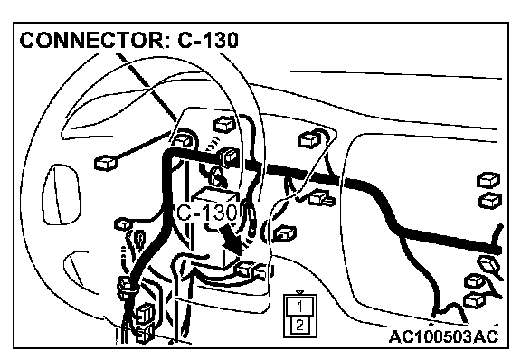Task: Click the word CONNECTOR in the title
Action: pos(90,40)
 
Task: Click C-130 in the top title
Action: pos(208,40)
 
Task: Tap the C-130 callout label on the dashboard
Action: pos(207,213)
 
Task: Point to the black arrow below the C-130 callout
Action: pos(231,240)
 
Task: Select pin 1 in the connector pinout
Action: pos(300,306)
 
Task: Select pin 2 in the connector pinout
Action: pos(300,325)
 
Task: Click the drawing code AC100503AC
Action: pos(444,336)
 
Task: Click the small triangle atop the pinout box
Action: pos(300,292)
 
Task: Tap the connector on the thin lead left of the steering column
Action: pos(107,163)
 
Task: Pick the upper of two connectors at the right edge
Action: pos(488,181)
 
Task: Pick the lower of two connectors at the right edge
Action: pos(490,201)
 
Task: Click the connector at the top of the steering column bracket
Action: pos(223,125)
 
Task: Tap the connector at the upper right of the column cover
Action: pos(309,139)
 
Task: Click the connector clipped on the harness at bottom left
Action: pos(127,287)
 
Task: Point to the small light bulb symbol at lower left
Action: pos(139,238)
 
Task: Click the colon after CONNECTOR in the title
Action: pos(167,42)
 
